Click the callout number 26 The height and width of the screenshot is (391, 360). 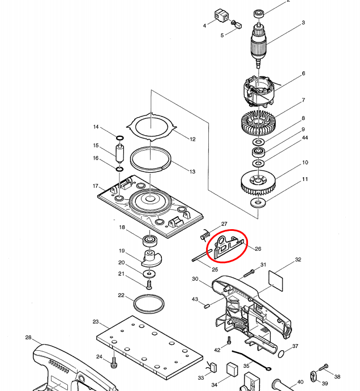(x=258, y=248)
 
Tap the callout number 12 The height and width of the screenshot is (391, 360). (x=192, y=139)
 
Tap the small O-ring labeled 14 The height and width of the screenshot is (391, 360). (x=120, y=138)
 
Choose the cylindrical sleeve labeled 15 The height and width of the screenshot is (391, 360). (x=120, y=153)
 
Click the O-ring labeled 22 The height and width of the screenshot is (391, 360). (x=149, y=303)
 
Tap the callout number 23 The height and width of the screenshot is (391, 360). (x=96, y=321)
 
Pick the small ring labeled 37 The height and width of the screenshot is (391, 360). (x=281, y=354)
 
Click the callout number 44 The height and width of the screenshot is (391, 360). (x=305, y=138)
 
